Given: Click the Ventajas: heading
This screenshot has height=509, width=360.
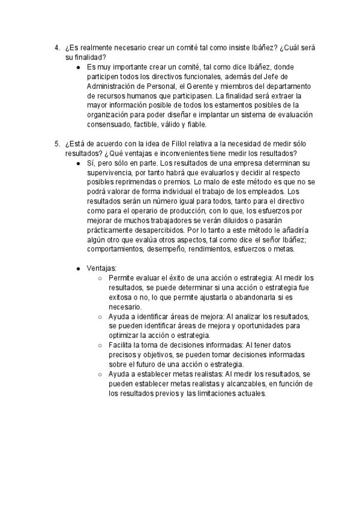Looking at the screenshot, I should (x=102, y=268).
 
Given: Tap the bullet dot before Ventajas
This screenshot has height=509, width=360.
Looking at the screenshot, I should (x=79, y=268).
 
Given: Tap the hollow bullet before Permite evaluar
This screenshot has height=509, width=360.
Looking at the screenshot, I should (x=101, y=278).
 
